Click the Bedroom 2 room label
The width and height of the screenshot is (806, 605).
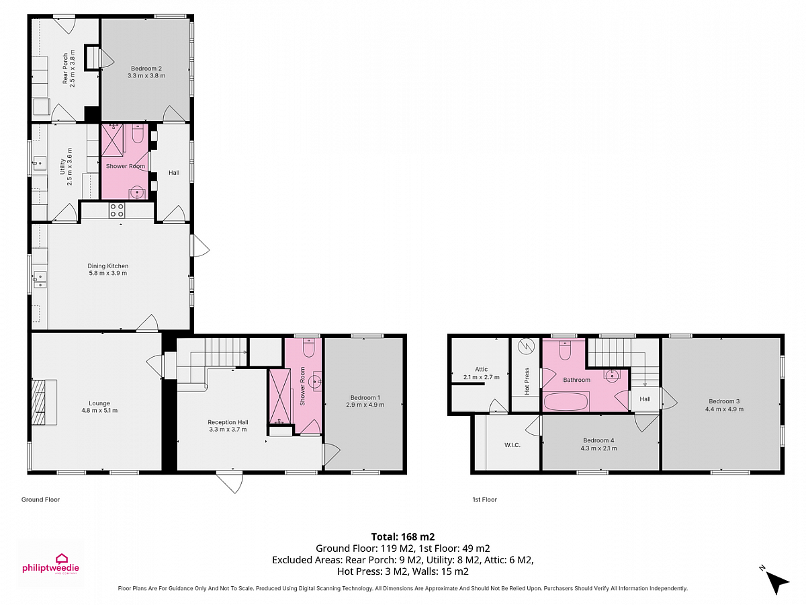point(146,69)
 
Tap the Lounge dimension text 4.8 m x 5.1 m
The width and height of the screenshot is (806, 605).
point(99,410)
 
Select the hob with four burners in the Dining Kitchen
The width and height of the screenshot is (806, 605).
point(117,210)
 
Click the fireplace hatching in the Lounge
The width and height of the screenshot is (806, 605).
point(38,402)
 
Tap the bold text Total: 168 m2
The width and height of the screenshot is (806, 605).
point(403,536)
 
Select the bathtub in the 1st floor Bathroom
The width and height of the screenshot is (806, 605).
point(566,401)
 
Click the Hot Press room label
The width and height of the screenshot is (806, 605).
point(527,381)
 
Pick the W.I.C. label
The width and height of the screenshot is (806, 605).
point(512,445)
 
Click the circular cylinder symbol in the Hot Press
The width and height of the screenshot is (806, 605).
point(525,346)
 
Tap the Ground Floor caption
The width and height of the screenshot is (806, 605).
point(40,499)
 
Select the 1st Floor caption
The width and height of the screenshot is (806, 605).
point(485,499)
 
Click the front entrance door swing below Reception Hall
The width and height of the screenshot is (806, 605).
point(230,481)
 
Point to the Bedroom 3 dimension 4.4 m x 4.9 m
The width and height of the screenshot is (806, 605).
point(724,409)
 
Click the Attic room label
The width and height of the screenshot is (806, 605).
point(481,369)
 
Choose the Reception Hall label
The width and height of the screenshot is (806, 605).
point(228,422)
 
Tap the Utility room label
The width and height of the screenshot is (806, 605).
point(62,167)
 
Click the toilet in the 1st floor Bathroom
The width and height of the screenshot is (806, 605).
point(565,350)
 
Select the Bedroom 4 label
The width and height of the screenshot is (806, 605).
point(598,440)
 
